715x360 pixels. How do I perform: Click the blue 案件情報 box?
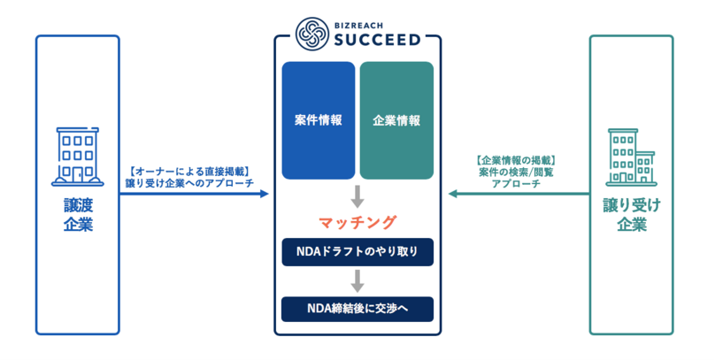tap(319, 120)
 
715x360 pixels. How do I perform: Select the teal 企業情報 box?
tap(396, 120)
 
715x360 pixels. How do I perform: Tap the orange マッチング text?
tap(357, 222)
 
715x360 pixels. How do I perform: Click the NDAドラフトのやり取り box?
tap(357, 251)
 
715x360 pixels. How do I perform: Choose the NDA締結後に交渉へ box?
tap(357, 309)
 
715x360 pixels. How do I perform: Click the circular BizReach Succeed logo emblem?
tap(312, 34)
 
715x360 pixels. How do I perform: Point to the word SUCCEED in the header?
tap(377, 40)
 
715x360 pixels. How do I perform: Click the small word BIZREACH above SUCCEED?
tap(358, 26)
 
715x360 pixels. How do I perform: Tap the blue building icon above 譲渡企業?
tap(78, 157)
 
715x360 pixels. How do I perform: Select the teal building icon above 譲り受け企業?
tap(631, 157)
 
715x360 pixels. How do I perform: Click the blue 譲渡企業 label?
tap(78, 215)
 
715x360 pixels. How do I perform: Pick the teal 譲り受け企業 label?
tap(632, 215)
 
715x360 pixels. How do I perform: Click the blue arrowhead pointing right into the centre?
tap(264, 194)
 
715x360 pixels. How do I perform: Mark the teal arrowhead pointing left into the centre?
tap(453, 194)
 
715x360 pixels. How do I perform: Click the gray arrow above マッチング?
tap(357, 197)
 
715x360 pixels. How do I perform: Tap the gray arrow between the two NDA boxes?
tap(357, 281)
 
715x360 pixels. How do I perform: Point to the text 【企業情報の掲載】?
tap(516, 160)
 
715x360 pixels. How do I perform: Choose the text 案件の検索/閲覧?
tap(516, 172)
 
